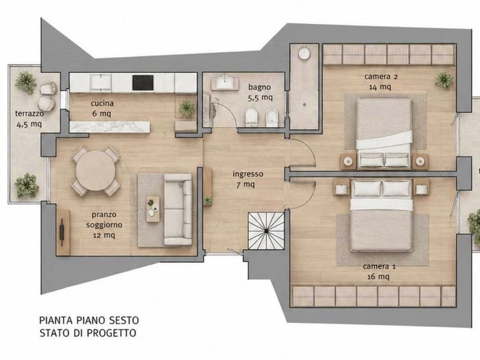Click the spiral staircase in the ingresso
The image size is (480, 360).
[266, 231]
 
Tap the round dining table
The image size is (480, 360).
[96, 171]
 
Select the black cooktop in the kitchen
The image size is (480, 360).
[143, 83]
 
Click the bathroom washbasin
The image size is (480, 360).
[225, 82]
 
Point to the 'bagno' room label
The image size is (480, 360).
[259, 87]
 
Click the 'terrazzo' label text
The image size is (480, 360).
[29, 114]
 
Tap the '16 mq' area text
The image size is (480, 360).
[379, 277]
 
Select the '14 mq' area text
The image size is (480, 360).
[380, 87]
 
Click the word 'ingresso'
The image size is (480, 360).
[248, 174]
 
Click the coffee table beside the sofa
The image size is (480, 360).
[153, 209]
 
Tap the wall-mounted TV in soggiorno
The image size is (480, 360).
[62, 232]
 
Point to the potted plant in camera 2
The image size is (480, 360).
[444, 80]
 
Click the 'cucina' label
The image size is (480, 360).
[102, 103]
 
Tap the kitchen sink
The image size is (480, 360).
[101, 83]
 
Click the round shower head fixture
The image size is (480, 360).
[304, 53]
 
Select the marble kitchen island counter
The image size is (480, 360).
[110, 127]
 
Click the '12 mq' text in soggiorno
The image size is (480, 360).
[104, 235]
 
